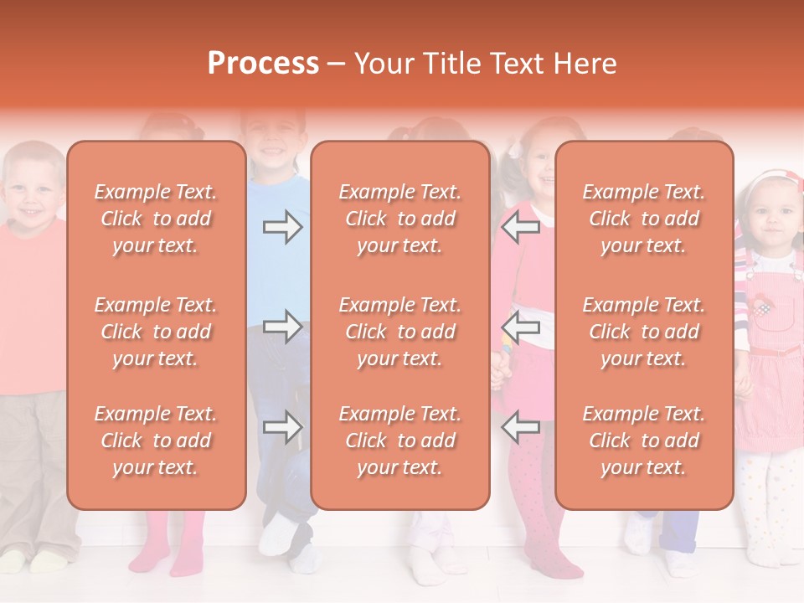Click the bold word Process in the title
[263, 64]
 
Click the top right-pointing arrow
[282, 227]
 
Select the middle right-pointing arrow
[282, 327]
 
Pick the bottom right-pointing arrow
[282, 427]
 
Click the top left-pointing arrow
[521, 227]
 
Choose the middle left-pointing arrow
[521, 327]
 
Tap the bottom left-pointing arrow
[521, 427]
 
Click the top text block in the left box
[156, 219]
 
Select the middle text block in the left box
[156, 332]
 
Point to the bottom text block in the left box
[156, 441]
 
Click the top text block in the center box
[400, 219]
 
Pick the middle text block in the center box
[400, 332]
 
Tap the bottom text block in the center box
[400, 441]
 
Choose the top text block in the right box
[644, 219]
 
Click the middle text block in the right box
[644, 332]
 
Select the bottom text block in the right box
[644, 441]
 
